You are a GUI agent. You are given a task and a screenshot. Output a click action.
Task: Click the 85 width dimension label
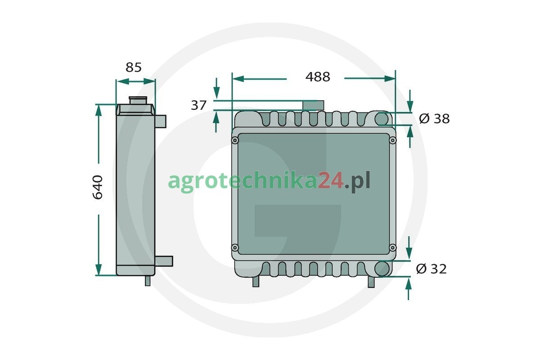tap(134, 67)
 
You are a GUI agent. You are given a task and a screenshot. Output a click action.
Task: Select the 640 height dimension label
tap(98, 187)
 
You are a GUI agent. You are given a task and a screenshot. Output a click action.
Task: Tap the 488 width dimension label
tap(318, 77)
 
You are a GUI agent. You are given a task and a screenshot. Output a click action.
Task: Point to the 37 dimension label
tap(198, 105)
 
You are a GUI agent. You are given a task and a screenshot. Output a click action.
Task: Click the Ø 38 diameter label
tap(434, 119)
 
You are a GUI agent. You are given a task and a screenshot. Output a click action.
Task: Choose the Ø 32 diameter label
tap(431, 269)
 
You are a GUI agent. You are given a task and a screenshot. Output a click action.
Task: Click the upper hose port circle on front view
tap(382, 119)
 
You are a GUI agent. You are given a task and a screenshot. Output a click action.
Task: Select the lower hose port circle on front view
tap(382, 269)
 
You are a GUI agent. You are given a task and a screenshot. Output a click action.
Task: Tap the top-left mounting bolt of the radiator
tap(235, 140)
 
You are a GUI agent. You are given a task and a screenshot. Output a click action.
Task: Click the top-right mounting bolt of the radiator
tap(392, 140)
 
